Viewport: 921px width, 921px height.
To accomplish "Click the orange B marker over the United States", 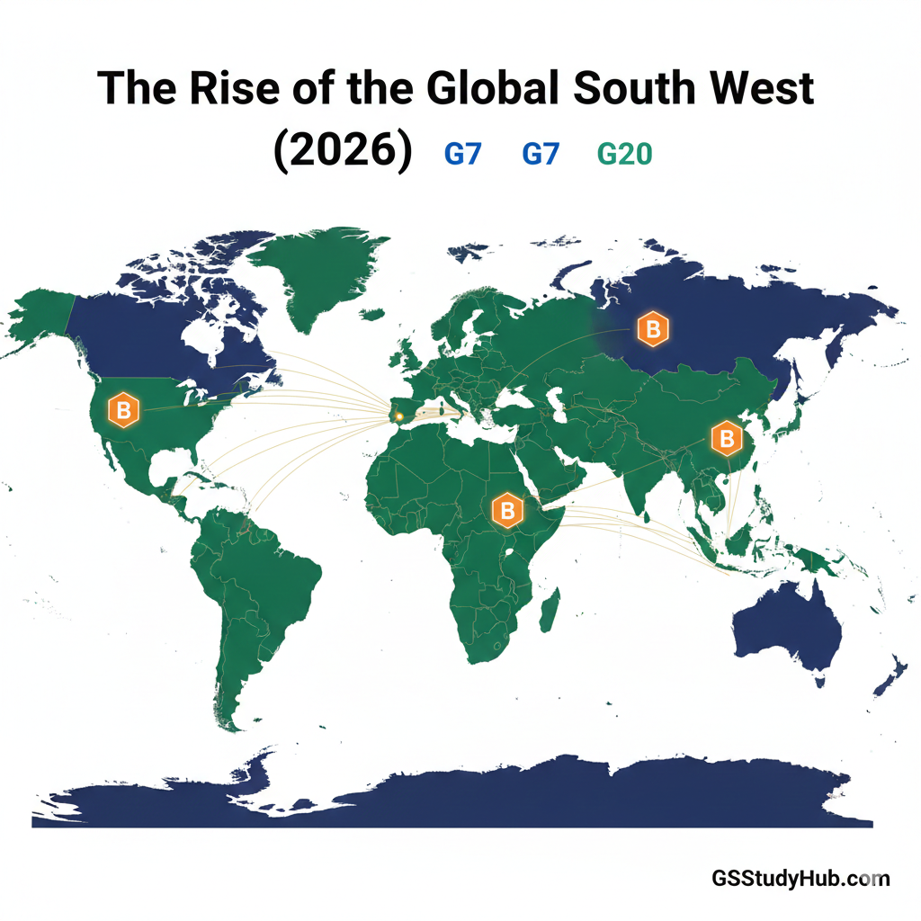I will [124, 410].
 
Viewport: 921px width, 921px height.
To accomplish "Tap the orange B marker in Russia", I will [653, 331].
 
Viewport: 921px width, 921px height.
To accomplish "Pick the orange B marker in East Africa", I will [507, 511].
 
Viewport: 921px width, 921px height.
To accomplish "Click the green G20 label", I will [624, 154].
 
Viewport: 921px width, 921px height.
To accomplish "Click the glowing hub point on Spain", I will [399, 416].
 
